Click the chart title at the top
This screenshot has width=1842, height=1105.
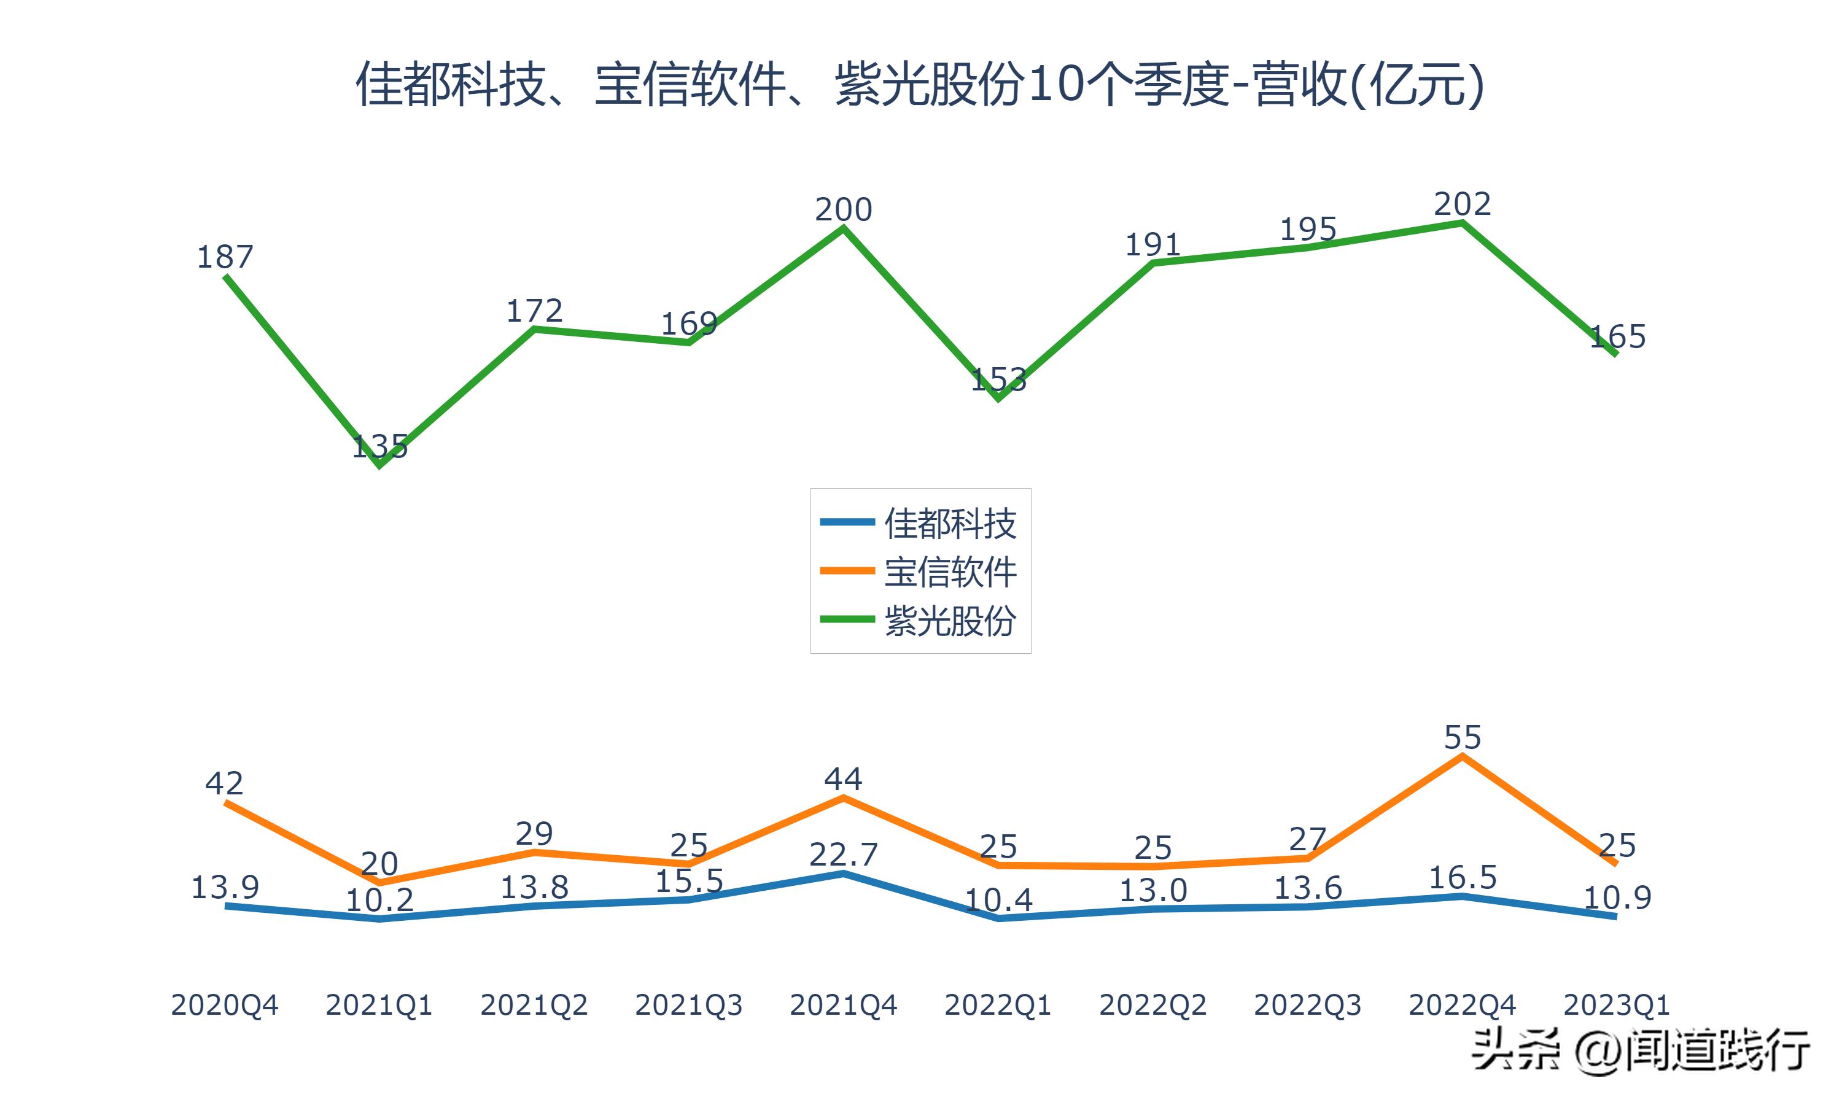tap(920, 84)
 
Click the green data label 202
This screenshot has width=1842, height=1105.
tap(1463, 204)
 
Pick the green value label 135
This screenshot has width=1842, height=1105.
tap(379, 447)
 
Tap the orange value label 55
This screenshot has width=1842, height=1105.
tap(1463, 738)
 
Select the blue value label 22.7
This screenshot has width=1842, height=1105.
tap(843, 855)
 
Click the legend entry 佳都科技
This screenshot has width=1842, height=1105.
tap(949, 524)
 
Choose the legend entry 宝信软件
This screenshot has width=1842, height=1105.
tap(949, 572)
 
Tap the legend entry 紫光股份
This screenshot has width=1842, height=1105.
tap(949, 620)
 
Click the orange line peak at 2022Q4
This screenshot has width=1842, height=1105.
tap(1463, 756)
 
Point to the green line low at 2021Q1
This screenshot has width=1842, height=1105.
tap(379, 465)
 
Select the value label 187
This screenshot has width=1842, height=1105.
tap(225, 257)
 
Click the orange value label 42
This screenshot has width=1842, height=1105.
tap(224, 783)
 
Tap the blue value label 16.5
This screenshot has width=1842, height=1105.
tap(1463, 878)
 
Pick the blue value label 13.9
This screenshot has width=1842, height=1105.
tap(225, 888)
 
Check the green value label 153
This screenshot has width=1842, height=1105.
tap(998, 381)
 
